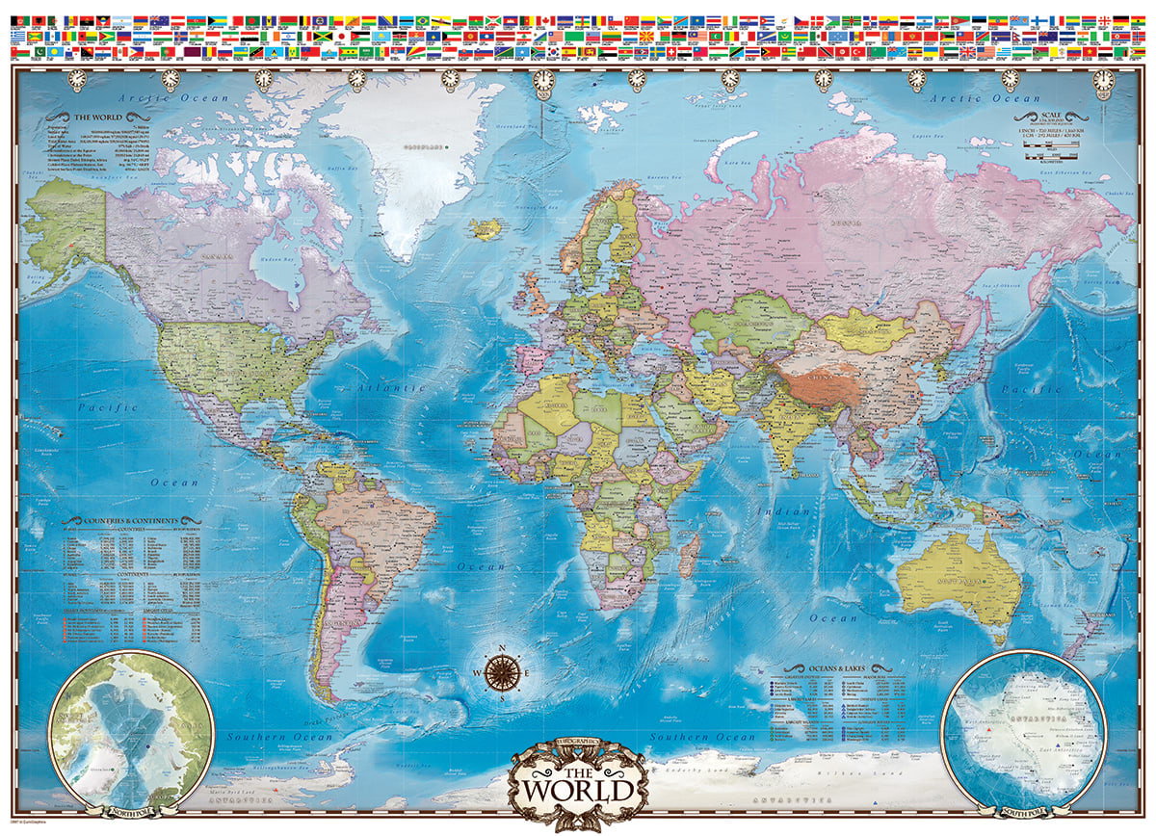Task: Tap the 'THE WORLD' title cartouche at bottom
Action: tap(578, 784)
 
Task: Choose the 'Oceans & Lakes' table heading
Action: tap(833, 668)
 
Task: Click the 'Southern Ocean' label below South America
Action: tap(279, 737)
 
